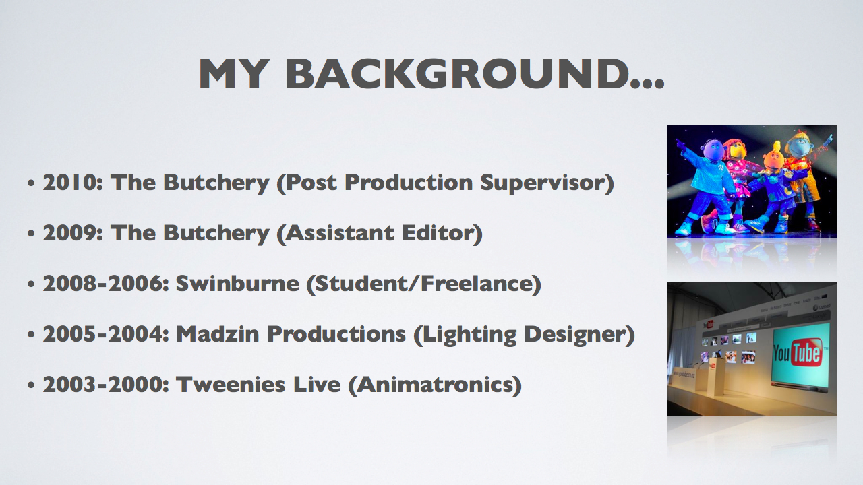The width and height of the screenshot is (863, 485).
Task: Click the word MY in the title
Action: (233, 74)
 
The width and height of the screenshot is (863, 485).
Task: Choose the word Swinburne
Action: (237, 284)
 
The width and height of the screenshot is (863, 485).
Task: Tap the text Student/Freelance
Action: (424, 284)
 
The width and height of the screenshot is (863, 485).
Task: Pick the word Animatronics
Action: (435, 385)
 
